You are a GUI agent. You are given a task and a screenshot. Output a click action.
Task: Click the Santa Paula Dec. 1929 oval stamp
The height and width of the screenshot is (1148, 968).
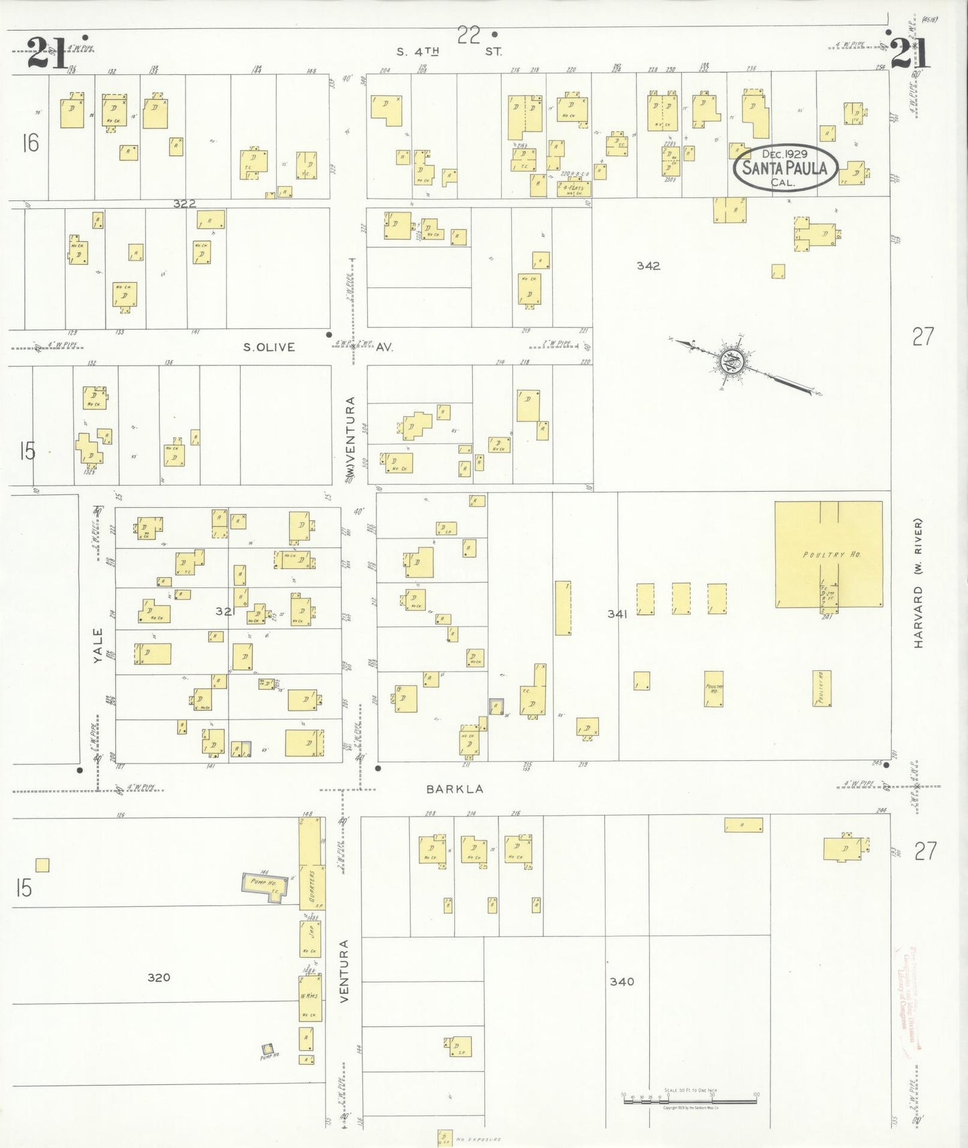tap(785, 167)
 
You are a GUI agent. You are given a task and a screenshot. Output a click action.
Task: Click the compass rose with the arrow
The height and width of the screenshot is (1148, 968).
tap(732, 362)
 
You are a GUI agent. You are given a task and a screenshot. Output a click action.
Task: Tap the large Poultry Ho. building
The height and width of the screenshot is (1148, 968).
tap(829, 555)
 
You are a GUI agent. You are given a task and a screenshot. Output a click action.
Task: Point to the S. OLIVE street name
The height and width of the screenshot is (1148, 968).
tap(269, 347)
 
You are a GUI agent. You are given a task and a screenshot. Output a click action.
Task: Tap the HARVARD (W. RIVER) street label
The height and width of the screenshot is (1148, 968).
tap(918, 583)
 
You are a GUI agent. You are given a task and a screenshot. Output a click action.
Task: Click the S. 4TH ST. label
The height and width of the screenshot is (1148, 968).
tap(449, 51)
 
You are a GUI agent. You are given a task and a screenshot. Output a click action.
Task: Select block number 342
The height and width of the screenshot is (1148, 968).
tap(648, 266)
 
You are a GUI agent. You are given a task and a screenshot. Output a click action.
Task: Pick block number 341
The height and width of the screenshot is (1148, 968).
tap(616, 614)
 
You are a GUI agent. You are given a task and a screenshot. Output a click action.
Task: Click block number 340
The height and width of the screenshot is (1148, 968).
tap(622, 982)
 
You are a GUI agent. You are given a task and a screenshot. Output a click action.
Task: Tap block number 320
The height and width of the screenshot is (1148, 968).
tap(159, 978)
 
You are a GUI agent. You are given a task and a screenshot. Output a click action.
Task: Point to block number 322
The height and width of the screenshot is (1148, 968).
tap(184, 204)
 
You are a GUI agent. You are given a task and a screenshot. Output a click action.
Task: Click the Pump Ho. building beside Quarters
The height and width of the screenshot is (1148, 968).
tap(265, 885)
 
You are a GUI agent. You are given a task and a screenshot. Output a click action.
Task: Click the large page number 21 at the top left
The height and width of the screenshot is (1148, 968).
tap(47, 54)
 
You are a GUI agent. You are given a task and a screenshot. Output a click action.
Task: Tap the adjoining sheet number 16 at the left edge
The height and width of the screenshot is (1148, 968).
tap(30, 143)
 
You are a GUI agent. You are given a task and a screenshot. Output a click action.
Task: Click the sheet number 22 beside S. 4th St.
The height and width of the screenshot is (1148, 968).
tap(469, 35)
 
